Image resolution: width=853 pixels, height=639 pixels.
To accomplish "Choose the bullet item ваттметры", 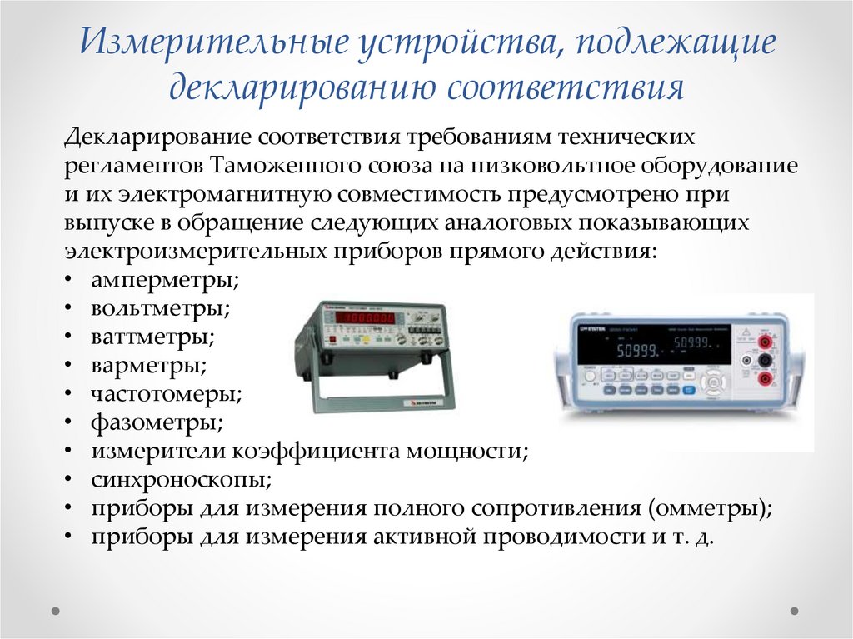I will coord(153,337).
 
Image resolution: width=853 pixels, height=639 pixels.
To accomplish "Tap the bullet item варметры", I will coord(149,365).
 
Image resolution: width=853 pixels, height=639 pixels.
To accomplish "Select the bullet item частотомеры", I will coord(167,394).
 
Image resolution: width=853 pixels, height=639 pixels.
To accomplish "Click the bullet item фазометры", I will coord(157,423).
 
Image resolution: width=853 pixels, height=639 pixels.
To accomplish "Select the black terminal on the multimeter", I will coord(763,360).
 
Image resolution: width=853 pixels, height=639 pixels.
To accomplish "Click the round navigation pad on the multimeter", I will coord(716,383).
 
